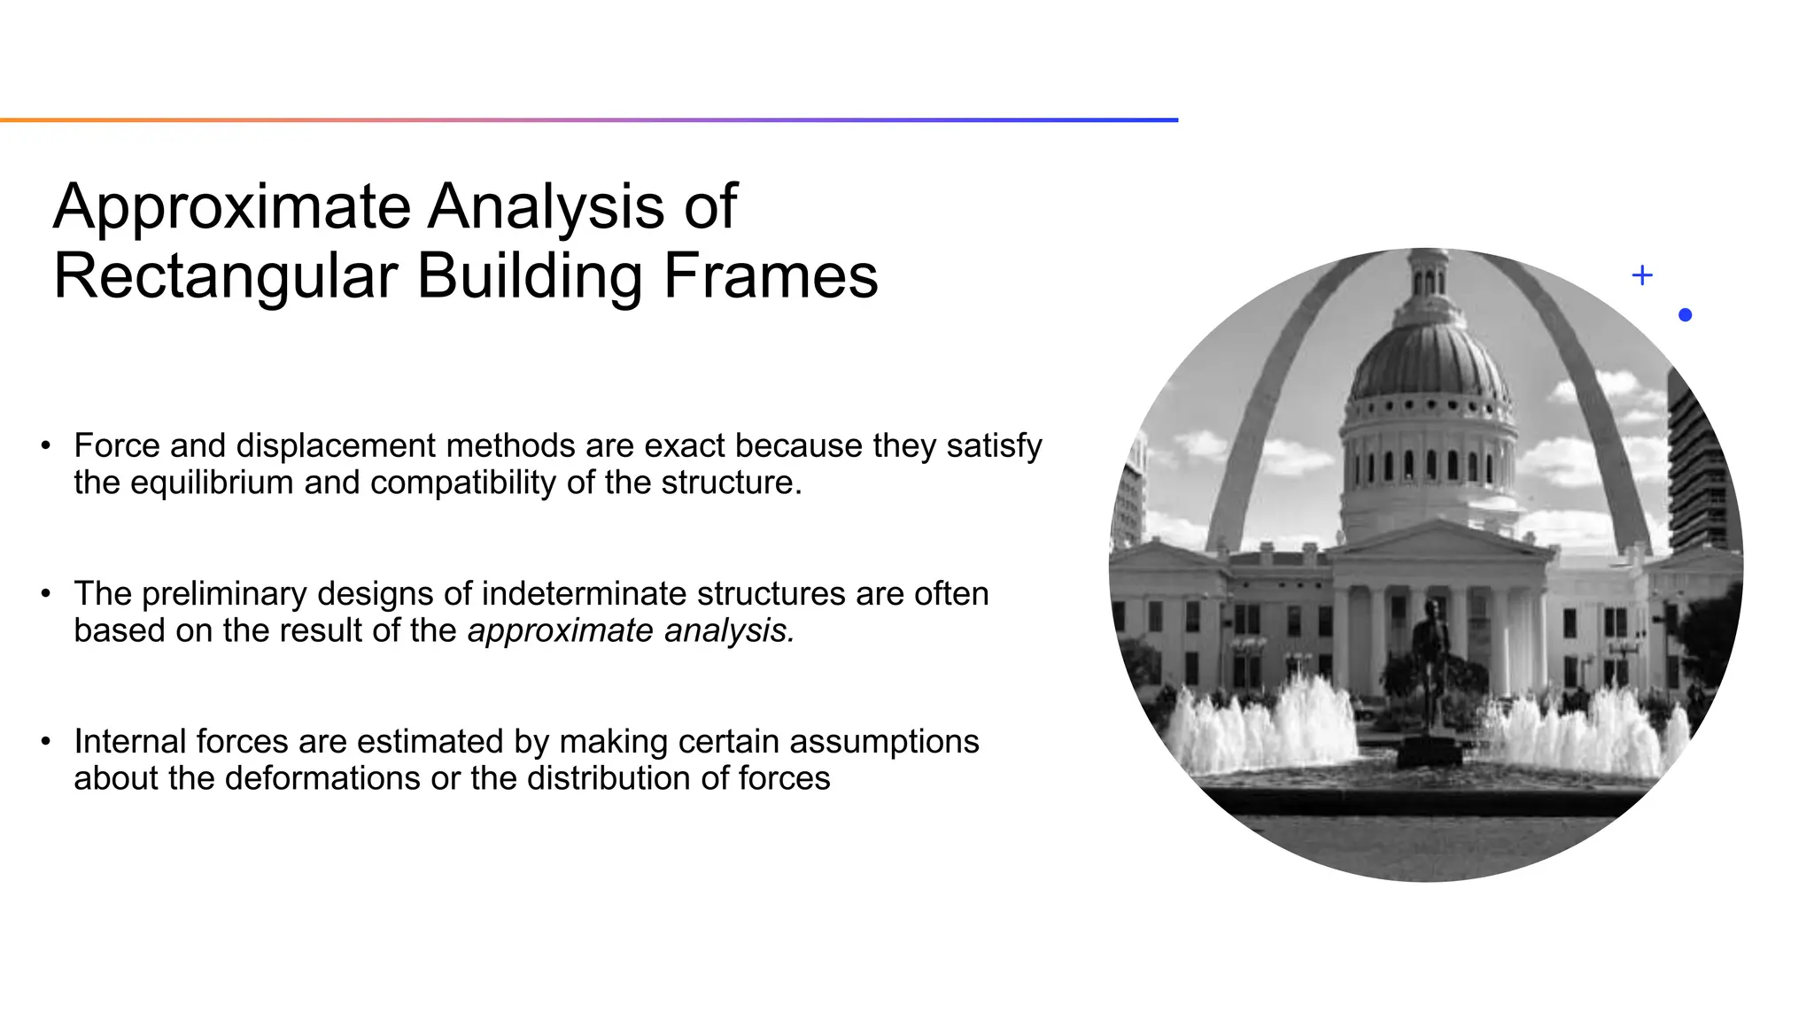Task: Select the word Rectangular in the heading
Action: [x=226, y=277]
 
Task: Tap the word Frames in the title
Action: [x=770, y=277]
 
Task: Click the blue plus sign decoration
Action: [x=1641, y=275]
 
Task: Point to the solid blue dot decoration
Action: [x=1685, y=315]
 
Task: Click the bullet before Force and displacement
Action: [x=45, y=446]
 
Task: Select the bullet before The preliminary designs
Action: [x=45, y=594]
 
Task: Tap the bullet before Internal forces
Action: [x=45, y=742]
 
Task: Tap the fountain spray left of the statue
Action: [x=1275, y=726]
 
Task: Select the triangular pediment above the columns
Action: [x=1439, y=539]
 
